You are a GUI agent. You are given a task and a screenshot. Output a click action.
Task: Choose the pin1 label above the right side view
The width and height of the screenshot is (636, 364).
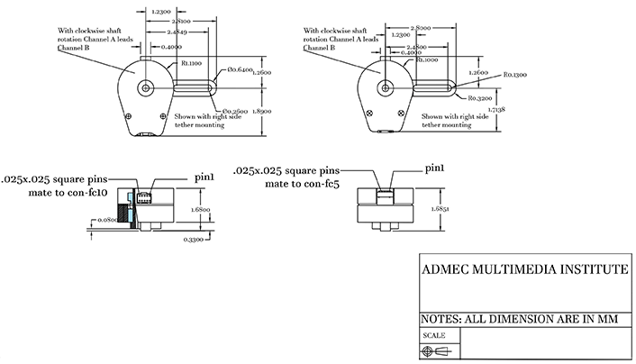pos(437,168)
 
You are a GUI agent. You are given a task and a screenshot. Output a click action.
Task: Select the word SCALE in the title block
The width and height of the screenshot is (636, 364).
pos(433,335)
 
